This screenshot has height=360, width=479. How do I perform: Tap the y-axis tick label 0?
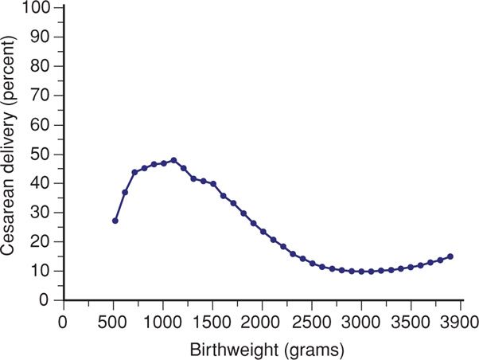46,301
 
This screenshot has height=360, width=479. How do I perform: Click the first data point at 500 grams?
115,221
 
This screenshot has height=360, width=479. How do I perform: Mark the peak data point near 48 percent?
173,160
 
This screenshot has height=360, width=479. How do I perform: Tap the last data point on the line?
450,256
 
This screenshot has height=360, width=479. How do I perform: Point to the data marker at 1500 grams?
213,184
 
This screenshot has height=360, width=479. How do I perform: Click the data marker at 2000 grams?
263,232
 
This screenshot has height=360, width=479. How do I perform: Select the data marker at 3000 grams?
362,272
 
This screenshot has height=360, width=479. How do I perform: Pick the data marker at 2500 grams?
313,264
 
